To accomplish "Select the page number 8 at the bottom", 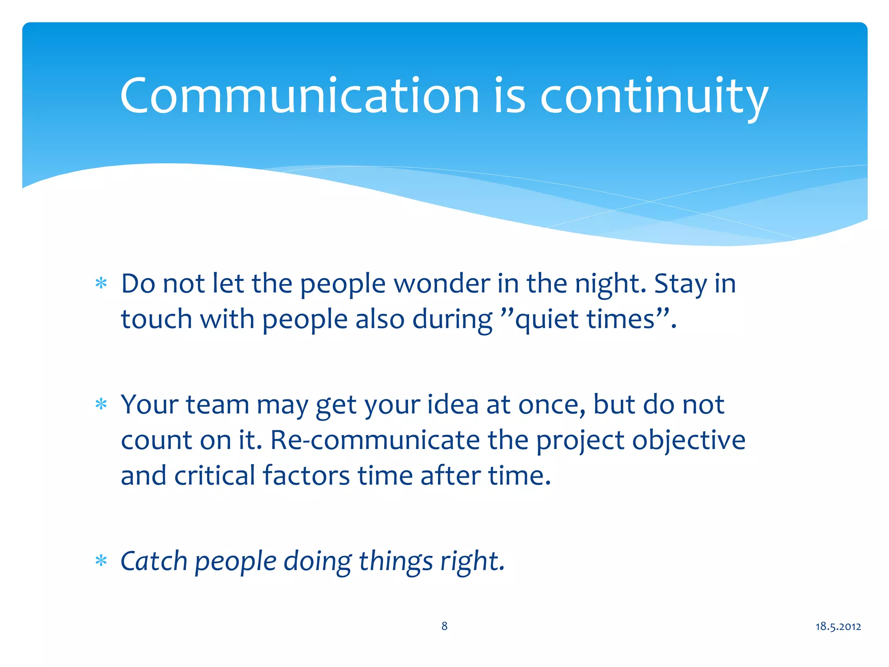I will point(444,626).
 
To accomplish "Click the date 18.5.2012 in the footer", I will point(838,626).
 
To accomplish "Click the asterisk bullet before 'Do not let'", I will point(101,284).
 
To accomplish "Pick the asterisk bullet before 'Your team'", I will point(101,405).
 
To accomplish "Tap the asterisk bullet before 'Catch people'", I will point(101,561).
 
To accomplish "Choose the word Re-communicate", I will point(375,440).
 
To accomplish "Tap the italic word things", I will point(395,561).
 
